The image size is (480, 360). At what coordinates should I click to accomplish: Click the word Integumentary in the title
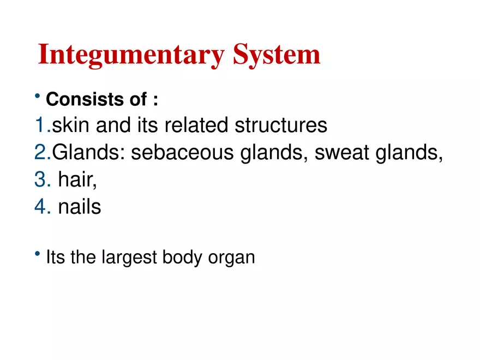pyautogui.click(x=131, y=55)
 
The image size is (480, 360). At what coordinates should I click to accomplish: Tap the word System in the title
pyautogui.click(x=277, y=55)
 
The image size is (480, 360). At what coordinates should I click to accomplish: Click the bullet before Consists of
pyautogui.click(x=37, y=98)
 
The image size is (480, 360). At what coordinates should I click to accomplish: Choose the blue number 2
pyautogui.click(x=41, y=153)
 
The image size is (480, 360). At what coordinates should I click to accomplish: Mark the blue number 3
pyautogui.click(x=41, y=181)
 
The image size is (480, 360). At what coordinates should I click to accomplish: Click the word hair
pyautogui.click(x=77, y=181)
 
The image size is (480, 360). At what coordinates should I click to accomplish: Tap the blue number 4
pyautogui.click(x=41, y=208)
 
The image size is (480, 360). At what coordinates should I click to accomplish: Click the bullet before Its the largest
pyautogui.click(x=37, y=254)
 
